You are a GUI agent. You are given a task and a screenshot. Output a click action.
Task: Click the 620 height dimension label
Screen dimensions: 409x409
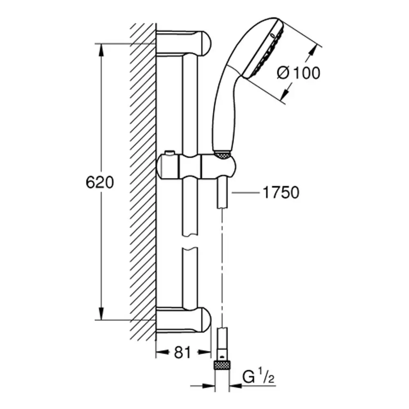tap(100, 182)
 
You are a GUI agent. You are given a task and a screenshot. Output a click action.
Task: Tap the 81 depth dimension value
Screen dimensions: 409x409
tap(182, 353)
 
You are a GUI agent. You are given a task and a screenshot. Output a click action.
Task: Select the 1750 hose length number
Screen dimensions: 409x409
tap(281, 193)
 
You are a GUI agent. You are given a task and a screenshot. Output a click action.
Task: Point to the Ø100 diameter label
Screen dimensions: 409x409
tap(299, 73)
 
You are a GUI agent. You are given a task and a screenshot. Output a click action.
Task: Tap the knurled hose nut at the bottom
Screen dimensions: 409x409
tap(222, 365)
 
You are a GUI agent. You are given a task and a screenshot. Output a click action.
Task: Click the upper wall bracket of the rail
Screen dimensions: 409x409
tap(184, 43)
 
